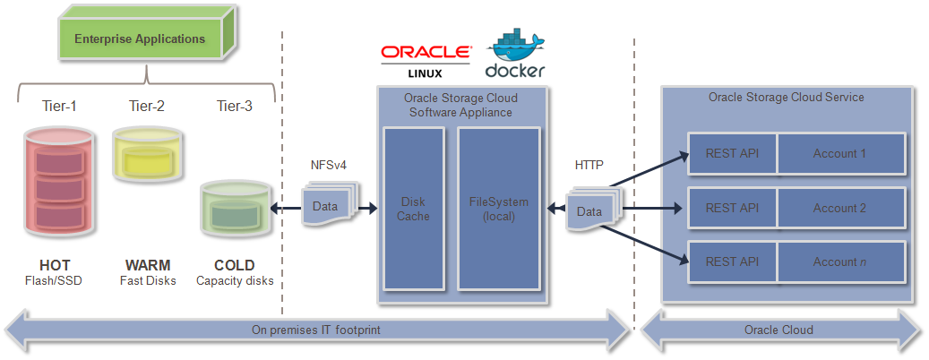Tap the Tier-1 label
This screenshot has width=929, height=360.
coord(59,106)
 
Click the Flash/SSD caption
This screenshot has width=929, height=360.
coord(54,281)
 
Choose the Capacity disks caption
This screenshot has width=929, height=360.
coord(234,281)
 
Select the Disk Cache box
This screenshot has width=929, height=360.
coord(413,209)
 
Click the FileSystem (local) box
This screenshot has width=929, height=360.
coord(499,209)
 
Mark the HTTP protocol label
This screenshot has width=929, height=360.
coord(589,165)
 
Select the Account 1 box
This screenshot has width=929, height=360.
coord(839,153)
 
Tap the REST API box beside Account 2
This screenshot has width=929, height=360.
coord(732,208)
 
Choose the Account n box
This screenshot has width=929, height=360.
coord(839,261)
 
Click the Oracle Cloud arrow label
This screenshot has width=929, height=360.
coord(778,330)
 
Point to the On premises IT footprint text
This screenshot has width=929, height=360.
coord(316,330)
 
